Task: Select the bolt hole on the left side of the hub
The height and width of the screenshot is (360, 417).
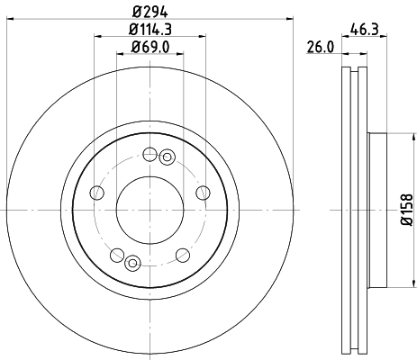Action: [95, 192]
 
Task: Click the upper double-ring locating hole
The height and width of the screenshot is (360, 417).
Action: [166, 158]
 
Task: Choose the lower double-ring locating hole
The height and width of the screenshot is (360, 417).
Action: [132, 263]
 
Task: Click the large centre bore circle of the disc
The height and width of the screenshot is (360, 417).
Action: [149, 208]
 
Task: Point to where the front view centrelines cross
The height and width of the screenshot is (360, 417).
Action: [149, 208]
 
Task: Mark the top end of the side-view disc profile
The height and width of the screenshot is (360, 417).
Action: [354, 69]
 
